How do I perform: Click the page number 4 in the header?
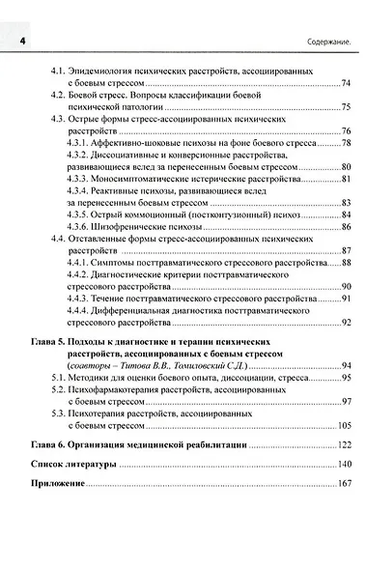pos(19,41)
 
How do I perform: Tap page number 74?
pos(346,84)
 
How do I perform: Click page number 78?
pos(346,143)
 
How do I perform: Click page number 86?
pos(346,226)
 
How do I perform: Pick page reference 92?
pos(346,323)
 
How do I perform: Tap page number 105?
pos(344,426)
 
